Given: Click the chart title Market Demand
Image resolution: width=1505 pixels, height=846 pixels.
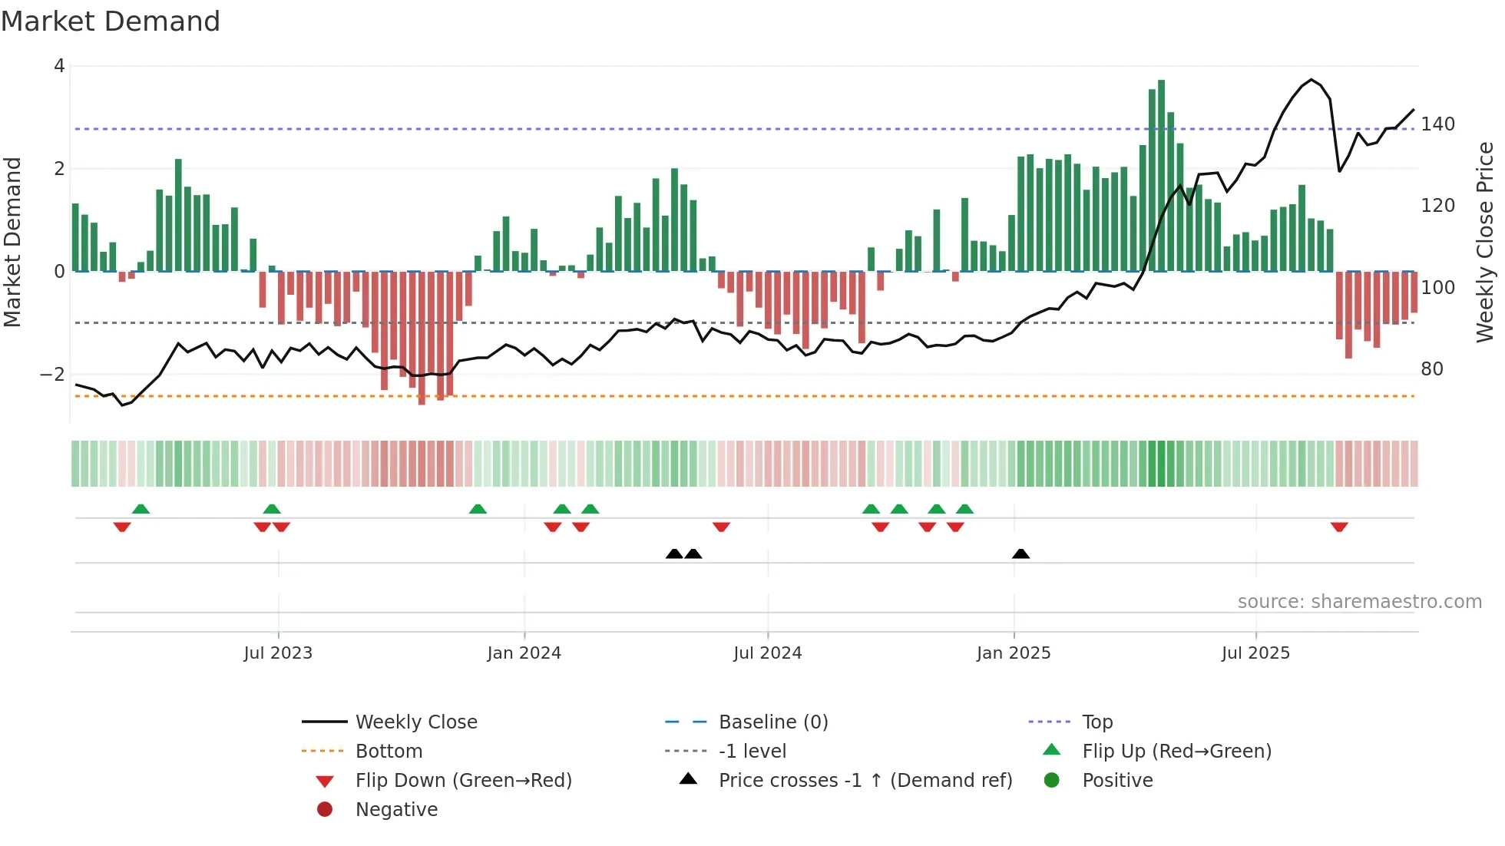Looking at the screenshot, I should coord(111,21).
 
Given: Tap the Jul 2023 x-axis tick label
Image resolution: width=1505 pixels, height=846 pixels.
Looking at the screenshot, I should coord(278,653).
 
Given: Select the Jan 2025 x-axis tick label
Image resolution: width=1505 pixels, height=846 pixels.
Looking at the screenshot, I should coord(1014,653).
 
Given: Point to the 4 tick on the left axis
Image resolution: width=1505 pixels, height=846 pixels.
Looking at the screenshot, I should coord(59,66).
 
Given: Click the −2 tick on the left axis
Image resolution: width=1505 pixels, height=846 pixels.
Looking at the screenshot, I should coord(53,375).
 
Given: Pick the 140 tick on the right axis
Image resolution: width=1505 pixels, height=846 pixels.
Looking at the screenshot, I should coord(1437,124).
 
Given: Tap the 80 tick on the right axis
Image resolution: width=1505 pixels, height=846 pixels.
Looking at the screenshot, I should coord(1432,369).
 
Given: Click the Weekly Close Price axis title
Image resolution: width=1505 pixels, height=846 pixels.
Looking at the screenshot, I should coord(1485,242).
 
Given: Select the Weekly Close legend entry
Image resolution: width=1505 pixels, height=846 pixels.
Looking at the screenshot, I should coord(415,722).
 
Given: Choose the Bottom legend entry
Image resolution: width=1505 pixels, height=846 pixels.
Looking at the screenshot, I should coord(389,752).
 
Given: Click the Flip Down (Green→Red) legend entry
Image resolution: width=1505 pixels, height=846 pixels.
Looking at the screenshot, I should coord(463,781).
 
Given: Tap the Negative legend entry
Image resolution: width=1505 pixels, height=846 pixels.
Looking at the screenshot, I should coord(396,810).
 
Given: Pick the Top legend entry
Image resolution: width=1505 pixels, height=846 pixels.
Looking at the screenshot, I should coord(1097,722).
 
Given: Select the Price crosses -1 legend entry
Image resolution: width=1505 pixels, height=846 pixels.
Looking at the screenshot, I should coord(865,781).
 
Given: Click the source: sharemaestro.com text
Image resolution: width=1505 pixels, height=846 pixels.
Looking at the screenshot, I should coord(1359,602).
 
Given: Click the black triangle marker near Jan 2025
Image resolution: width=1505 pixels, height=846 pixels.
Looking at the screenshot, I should coord(1020,554).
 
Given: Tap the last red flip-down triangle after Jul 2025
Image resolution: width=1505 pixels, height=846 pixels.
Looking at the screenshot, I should coord(1339,527).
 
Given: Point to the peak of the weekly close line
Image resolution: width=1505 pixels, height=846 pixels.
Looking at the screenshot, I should coord(1311,80).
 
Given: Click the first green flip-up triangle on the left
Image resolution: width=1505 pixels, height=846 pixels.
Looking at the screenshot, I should coord(141,509).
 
